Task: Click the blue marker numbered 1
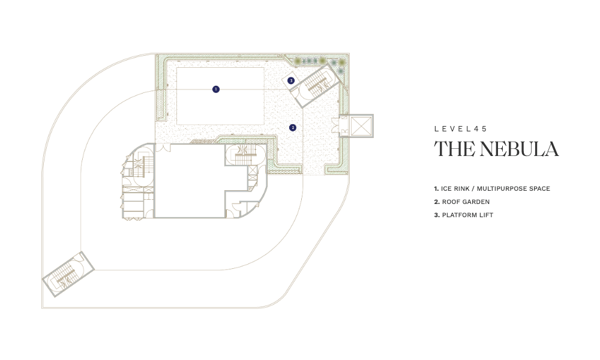[216, 89]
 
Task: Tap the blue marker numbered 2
[293, 127]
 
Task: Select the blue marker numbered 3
[291, 81]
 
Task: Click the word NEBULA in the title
[519, 149]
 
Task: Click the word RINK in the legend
[461, 188]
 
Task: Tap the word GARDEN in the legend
[477, 202]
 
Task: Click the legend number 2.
[437, 202]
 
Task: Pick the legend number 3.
[437, 215]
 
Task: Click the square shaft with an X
[361, 126]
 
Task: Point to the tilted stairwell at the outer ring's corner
[68, 274]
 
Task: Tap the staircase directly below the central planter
[245, 155]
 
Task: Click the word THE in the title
[455, 149]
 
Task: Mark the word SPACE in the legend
[540, 188]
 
